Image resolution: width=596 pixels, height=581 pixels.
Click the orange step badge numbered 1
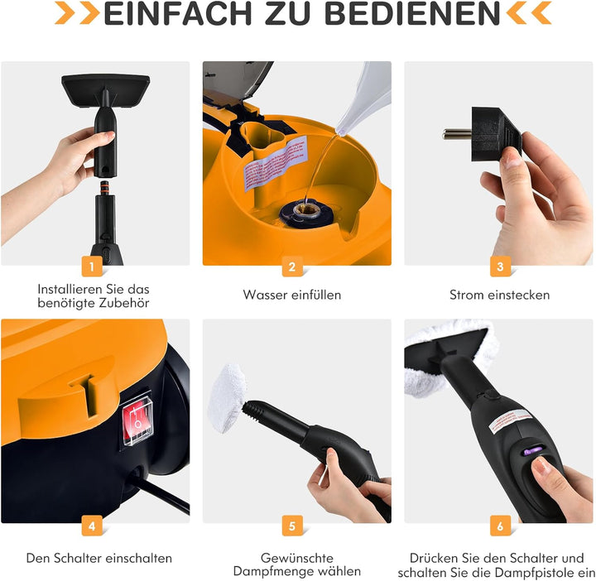[x=93, y=266]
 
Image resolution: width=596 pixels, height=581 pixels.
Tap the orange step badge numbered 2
[x=291, y=266]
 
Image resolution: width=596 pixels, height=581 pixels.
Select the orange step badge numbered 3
[x=499, y=266]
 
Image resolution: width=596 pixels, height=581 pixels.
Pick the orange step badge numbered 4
[x=93, y=524]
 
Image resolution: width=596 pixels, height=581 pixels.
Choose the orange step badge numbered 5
[x=291, y=524]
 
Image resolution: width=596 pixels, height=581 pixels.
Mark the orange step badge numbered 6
[x=499, y=524]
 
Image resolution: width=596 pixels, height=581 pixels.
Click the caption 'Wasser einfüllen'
[x=291, y=295]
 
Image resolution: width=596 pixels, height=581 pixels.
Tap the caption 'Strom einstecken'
[x=499, y=295]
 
